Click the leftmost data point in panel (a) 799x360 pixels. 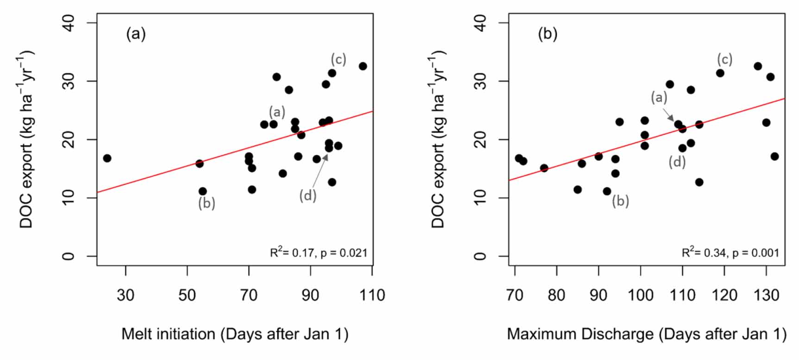[107, 158]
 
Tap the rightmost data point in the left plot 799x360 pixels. [363, 66]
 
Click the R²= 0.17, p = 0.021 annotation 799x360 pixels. [319, 253]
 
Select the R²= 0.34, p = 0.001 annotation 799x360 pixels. [730, 253]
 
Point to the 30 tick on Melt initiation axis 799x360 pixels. [126, 295]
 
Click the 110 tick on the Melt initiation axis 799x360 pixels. [372, 295]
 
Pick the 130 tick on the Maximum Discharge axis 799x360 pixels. [766, 295]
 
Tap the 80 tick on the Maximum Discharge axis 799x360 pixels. [556, 295]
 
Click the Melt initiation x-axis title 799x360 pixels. [235, 334]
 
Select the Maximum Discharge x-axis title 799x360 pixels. [647, 334]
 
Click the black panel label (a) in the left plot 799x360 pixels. [136, 34]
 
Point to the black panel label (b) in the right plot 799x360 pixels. [547, 34]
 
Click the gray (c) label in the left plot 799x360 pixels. [338, 59]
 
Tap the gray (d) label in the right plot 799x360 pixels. [677, 162]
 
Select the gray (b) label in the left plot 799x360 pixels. [207, 203]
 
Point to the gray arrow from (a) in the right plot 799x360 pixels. [668, 114]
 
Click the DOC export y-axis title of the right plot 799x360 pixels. [438, 139]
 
